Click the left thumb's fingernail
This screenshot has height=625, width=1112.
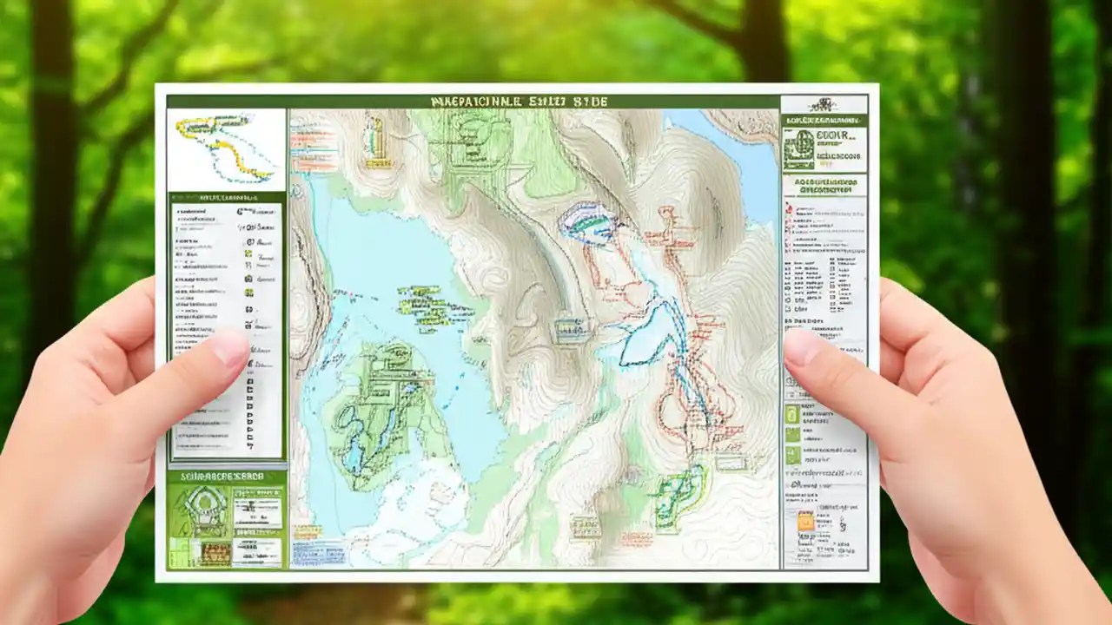pyautogui.click(x=230, y=347)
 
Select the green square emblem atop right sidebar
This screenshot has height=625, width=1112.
pyautogui.click(x=798, y=150)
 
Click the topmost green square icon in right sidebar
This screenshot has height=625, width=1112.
pyautogui.click(x=791, y=414)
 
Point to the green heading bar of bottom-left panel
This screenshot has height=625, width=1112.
pyautogui.click(x=226, y=477)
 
